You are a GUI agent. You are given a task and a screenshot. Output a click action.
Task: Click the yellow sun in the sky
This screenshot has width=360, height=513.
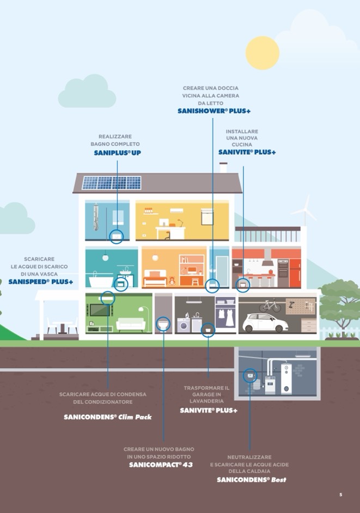click(262, 53)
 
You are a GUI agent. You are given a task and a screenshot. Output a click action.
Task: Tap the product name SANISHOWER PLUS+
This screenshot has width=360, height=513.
click(214, 111)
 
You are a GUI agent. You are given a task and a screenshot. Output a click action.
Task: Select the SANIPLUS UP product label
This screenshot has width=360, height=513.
click(117, 153)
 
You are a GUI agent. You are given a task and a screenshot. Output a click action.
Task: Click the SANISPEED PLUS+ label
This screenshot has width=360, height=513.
click(41, 282)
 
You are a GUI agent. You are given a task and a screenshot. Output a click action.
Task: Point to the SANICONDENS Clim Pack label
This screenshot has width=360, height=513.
click(107, 417)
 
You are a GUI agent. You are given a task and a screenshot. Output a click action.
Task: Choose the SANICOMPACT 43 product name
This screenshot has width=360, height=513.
click(161, 465)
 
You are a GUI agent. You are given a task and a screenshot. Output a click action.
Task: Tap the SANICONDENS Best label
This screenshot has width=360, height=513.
click(251, 480)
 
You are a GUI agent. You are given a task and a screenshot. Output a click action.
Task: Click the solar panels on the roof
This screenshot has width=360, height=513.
click(112, 183)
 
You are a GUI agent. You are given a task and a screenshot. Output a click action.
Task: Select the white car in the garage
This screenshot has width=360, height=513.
click(265, 322)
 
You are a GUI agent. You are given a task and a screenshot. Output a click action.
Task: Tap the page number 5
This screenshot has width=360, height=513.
click(341, 494)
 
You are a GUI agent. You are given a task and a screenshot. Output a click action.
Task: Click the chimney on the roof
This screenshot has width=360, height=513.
click(223, 167)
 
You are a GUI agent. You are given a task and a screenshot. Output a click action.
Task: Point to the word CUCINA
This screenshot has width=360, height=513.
click(242, 145)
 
